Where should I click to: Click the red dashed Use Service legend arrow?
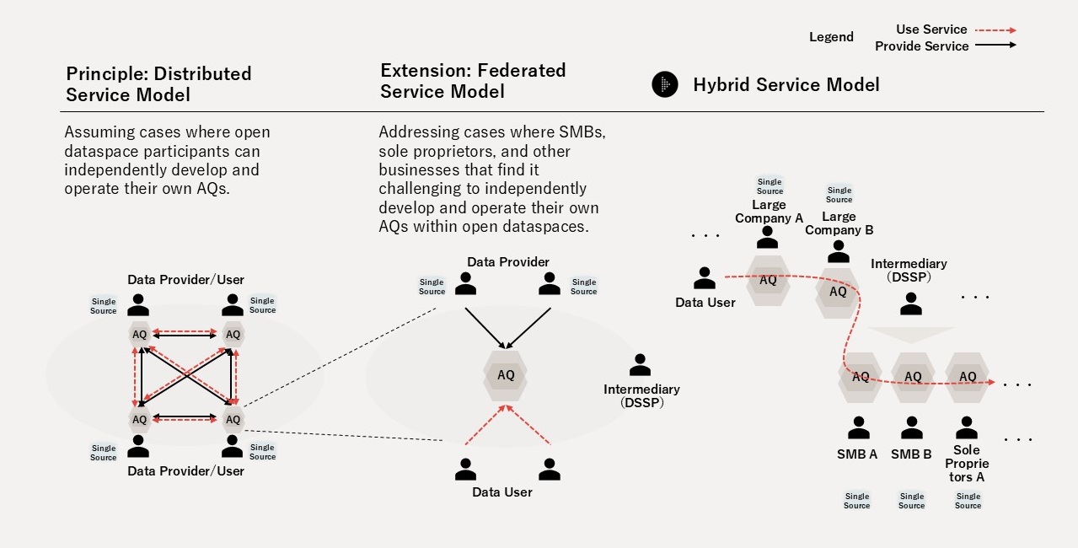click(995, 30)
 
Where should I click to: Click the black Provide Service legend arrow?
click(995, 46)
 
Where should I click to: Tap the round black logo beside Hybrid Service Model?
click(665, 84)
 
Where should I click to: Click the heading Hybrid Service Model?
click(786, 84)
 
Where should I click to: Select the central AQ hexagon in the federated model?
click(506, 375)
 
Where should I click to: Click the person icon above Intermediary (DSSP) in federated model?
click(641, 365)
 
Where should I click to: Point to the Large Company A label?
click(769, 212)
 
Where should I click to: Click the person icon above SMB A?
click(858, 428)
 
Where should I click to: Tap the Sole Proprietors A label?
click(967, 464)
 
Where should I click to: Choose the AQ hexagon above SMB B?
click(913, 377)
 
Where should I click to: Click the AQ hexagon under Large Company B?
click(838, 292)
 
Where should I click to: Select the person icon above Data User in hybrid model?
click(704, 277)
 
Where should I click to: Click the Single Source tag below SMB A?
click(856, 501)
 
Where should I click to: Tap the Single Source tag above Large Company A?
click(770, 186)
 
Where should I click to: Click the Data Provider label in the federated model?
click(508, 262)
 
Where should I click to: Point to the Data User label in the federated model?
click(501, 492)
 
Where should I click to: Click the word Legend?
click(831, 37)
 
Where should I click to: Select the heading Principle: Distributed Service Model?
click(158, 83)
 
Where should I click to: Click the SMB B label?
click(911, 454)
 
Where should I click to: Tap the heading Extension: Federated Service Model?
click(473, 80)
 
